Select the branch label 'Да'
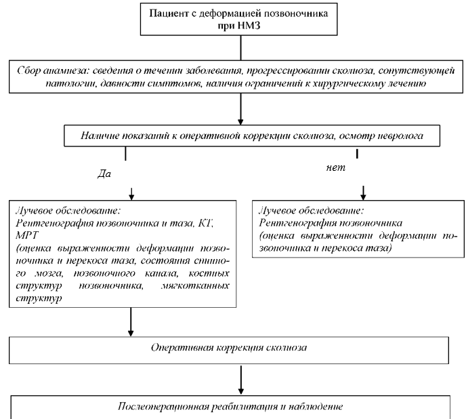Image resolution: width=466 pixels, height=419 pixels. [106, 174]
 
